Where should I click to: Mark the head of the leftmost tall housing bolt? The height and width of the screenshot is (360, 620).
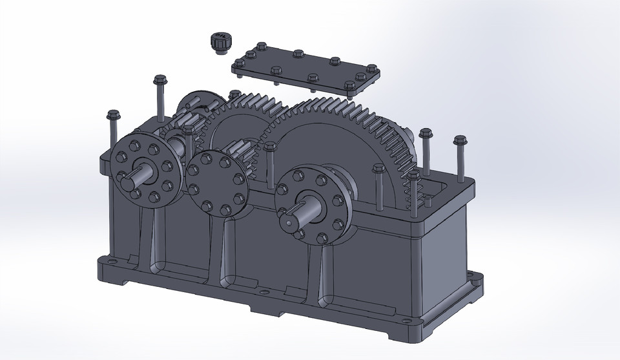[114, 116]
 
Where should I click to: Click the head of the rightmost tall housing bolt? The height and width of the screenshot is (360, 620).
[460, 140]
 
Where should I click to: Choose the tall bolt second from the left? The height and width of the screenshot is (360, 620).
[160, 81]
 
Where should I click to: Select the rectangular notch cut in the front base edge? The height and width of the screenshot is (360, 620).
[265, 312]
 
